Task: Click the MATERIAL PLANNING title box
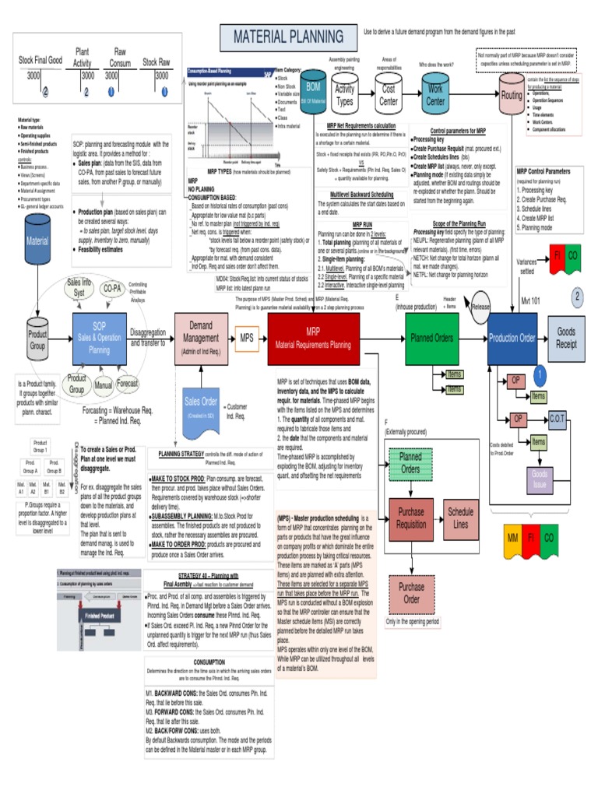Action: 283,36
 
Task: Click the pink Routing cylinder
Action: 512,95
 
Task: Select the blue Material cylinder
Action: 37,241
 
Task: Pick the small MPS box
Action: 248,339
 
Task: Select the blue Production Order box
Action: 512,338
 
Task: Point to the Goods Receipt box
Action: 566,338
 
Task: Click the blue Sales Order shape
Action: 200,406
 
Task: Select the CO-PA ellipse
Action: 112,288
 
